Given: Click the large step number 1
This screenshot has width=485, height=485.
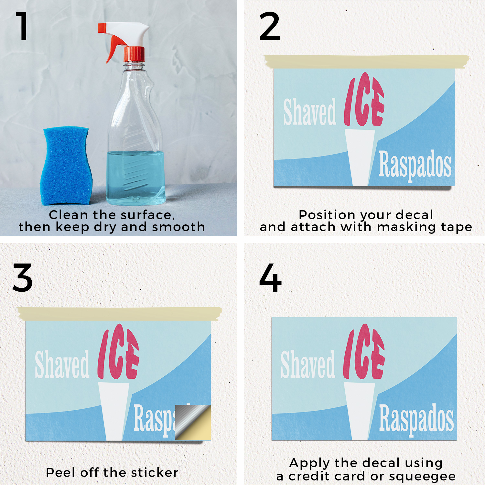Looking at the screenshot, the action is (23, 26).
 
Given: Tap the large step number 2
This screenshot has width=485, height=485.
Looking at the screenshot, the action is (270, 26).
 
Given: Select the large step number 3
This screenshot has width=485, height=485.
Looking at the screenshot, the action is (23, 278).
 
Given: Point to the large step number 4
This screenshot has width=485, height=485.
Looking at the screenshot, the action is (270, 278).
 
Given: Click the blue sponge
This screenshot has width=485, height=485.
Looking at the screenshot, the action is (66, 166).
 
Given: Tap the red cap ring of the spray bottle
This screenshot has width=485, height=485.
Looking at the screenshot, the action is (134, 54).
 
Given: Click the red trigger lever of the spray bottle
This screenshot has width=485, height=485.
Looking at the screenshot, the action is (114, 48).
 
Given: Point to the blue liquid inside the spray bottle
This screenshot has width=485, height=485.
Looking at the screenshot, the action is (136, 178).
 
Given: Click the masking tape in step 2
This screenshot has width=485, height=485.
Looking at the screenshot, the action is (367, 61).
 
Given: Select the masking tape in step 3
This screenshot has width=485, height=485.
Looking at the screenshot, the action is (120, 314).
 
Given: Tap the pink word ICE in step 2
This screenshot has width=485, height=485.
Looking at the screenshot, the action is (364, 100).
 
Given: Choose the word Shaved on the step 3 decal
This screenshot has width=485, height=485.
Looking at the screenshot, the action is (62, 364).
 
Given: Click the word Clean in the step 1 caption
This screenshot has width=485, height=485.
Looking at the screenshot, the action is (68, 215).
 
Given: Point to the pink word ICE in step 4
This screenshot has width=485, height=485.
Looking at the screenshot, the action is (364, 352).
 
